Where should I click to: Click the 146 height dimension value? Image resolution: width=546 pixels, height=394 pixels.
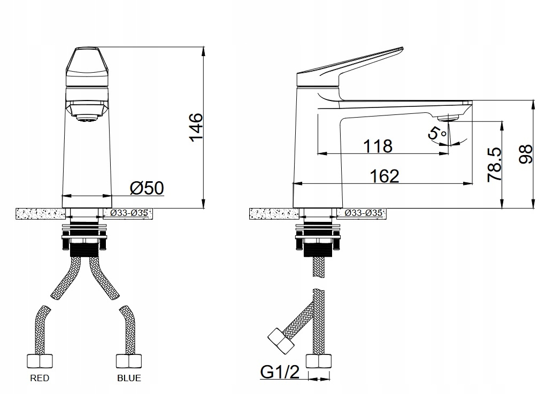click(x=196, y=127)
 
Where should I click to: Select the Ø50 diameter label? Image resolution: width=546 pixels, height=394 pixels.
click(x=147, y=188)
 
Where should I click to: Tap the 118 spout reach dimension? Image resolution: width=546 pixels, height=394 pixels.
click(x=378, y=146)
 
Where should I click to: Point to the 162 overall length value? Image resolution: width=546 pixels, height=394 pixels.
click(x=384, y=176)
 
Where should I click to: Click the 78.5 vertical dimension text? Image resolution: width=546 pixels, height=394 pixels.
click(x=495, y=164)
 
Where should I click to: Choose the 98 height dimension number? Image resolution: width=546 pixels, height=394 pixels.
click(x=526, y=154)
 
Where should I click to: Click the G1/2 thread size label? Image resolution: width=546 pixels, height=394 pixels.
click(x=280, y=372)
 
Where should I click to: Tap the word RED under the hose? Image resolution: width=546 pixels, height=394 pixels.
click(x=40, y=378)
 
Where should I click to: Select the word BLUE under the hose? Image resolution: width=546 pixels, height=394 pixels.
click(x=129, y=378)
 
